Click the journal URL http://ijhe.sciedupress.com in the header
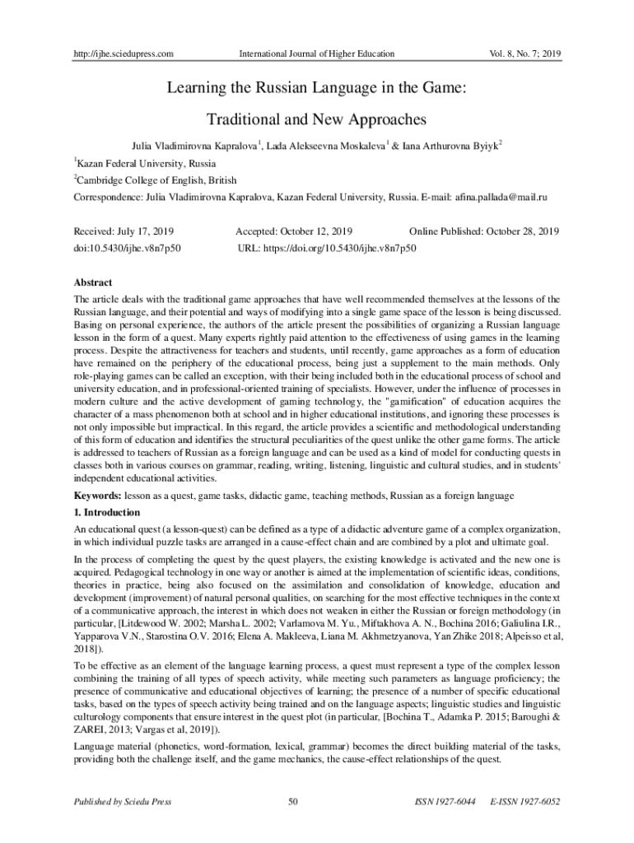click(123, 54)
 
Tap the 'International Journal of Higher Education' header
click(316, 54)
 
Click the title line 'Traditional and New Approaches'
click(317, 119)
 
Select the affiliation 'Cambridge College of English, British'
click(157, 179)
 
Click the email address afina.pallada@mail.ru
click(501, 198)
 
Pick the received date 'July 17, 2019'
click(148, 231)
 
